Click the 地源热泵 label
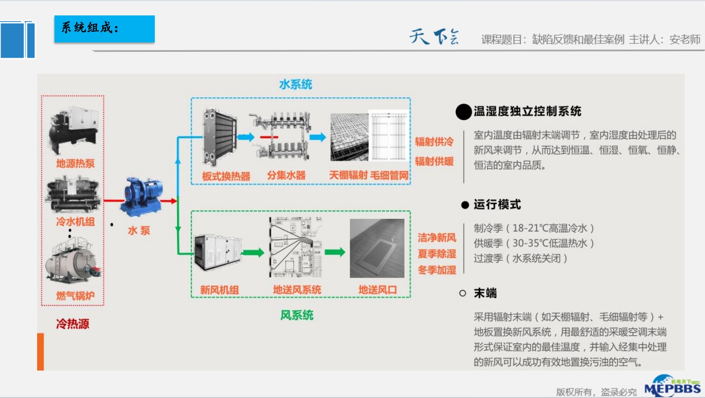point(75,163)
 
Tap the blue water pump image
point(143,197)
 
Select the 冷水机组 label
point(75,222)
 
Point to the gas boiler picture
point(73,263)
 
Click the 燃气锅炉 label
point(75,295)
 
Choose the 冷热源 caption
point(73,324)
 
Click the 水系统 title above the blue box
point(296,85)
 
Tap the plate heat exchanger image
point(219,138)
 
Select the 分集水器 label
point(286,175)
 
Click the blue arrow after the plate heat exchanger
point(246,137)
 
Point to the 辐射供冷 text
point(434,142)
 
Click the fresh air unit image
point(217,253)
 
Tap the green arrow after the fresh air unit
point(253,252)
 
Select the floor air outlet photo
point(377,249)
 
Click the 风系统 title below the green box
point(297,315)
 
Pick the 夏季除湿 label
point(437,254)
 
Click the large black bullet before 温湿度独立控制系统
point(463,112)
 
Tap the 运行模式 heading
point(497,205)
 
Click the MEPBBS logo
point(672,386)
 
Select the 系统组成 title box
point(104,29)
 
